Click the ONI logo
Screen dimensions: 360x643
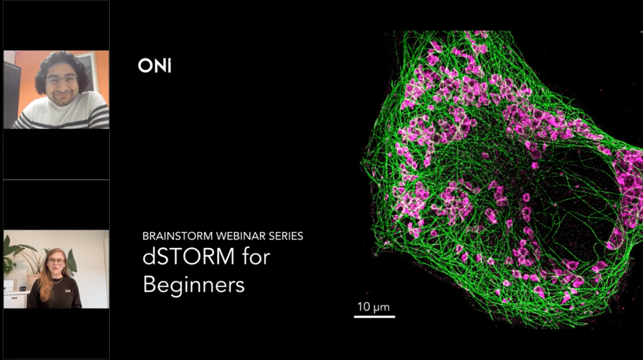pos(154,66)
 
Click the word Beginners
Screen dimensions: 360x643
pos(193,284)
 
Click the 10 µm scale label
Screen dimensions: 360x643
pos(374,306)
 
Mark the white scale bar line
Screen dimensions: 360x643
pos(374,316)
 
